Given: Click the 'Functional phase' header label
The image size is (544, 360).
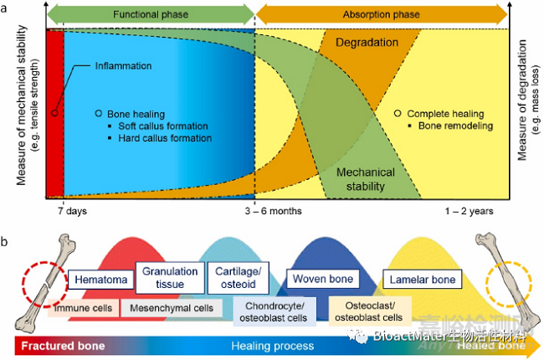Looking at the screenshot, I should coord(151,14).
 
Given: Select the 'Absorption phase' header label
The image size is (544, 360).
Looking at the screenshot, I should coord(381,14).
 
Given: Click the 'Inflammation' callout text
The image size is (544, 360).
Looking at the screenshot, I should coord(123,66).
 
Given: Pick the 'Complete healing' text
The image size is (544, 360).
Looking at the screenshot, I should coord(446,114).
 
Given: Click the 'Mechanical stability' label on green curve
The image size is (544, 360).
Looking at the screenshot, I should coord(365,179).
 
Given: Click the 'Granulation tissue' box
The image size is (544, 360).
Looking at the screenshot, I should coord(170,277).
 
